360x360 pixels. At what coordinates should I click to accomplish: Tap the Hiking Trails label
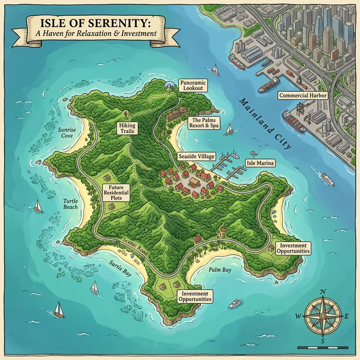(x=126, y=128)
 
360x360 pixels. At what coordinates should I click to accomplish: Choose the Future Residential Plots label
(x=116, y=192)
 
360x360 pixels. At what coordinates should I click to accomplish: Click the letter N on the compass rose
(x=323, y=292)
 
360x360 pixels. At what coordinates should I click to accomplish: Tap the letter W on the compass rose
(x=298, y=316)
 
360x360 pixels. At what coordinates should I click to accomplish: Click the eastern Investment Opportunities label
(x=294, y=248)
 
